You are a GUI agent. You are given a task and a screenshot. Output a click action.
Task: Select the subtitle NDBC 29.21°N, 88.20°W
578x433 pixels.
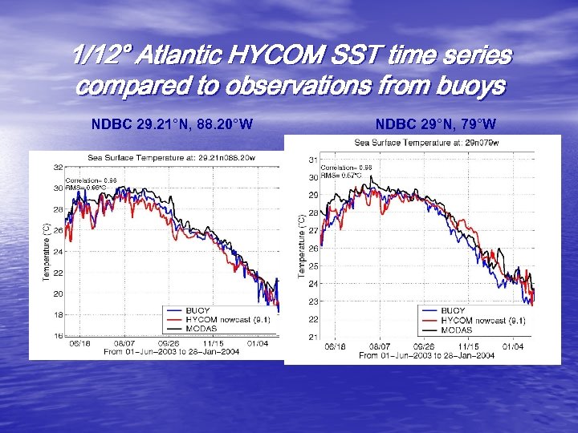pos(172,124)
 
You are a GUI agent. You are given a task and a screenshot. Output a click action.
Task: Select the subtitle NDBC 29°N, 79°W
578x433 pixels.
pos(435,124)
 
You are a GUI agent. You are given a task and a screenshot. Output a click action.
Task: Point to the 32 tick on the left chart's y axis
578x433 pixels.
pos(59,168)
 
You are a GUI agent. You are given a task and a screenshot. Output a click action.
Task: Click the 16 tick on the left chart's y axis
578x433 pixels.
pos(59,336)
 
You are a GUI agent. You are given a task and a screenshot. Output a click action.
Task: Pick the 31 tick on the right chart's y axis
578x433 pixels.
pos(314,160)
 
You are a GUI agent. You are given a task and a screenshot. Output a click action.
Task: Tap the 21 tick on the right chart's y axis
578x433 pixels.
pos(314,337)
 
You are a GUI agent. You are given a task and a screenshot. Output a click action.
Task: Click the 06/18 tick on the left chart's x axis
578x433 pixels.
pos(79,342)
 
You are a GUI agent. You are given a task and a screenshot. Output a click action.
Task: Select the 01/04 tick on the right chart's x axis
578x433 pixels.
pos(512,346)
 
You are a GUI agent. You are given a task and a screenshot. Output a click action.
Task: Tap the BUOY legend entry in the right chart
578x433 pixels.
pos(454,311)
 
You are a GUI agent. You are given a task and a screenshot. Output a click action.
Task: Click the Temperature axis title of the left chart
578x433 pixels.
pos(47,251)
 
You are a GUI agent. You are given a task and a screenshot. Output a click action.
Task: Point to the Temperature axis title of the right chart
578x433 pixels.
pos(302,246)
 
